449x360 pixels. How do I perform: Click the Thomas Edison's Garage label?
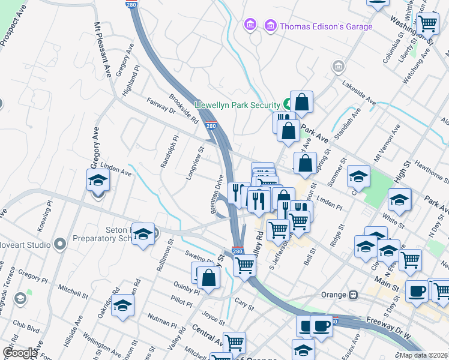point(327,26)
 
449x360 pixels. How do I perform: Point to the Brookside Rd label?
point(183,109)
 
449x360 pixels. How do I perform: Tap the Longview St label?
point(197,166)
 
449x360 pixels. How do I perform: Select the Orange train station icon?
point(355,295)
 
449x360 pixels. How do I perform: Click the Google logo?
point(20,353)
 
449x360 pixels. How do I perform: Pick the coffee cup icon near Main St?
point(417,292)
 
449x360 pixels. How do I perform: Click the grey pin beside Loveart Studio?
point(59,244)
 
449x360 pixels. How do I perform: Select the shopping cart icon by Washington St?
point(427,23)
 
